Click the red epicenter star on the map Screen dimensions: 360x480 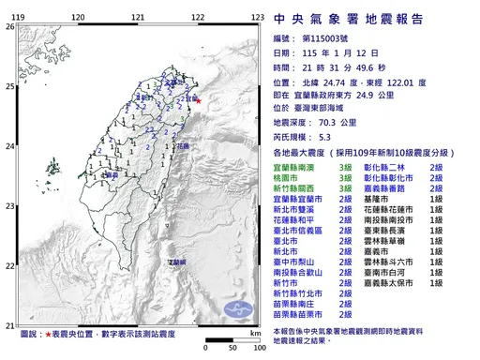tap(198, 100)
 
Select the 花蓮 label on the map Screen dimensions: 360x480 tap(184, 146)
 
